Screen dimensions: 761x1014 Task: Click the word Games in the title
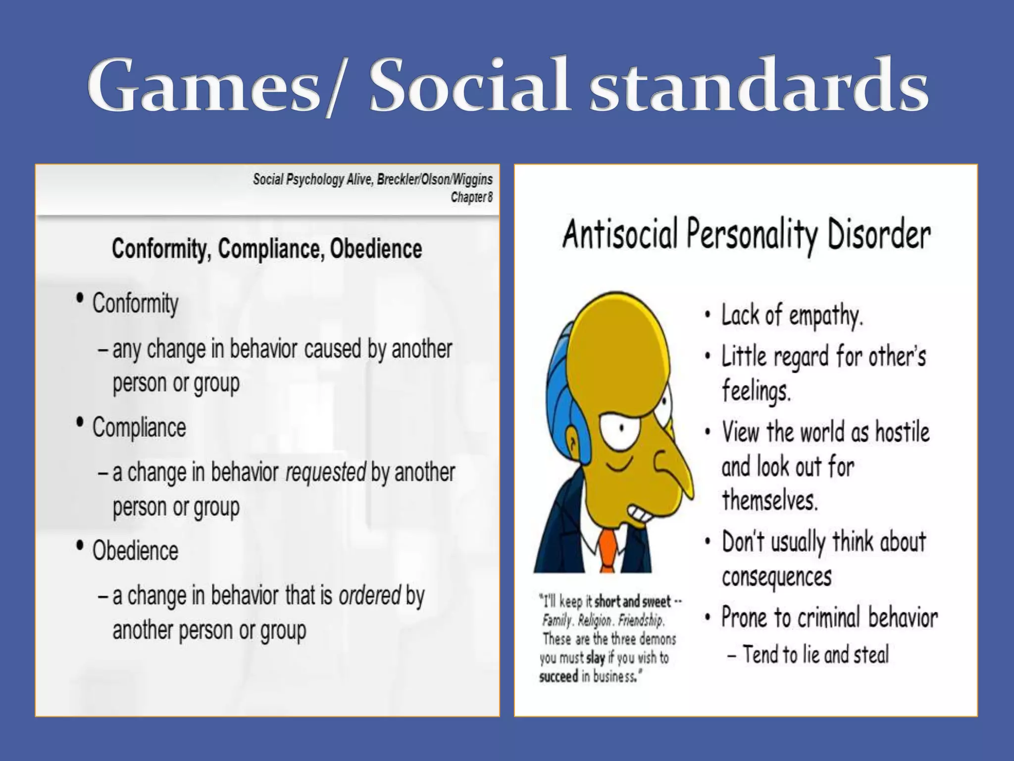coord(203,85)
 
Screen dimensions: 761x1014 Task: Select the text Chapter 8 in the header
coord(471,197)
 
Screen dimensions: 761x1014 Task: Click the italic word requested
coord(326,473)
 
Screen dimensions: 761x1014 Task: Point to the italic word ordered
coord(369,596)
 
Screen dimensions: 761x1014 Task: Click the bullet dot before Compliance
coord(80,423)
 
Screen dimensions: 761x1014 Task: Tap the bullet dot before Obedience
coord(80,546)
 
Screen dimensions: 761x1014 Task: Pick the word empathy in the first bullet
coord(826,316)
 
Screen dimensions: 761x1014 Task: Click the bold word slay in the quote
coord(595,658)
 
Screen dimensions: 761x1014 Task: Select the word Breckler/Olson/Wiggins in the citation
coord(435,179)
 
